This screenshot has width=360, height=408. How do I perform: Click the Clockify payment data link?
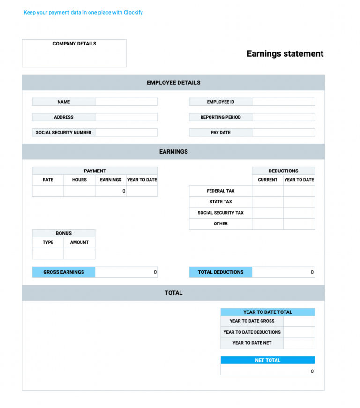coord(83,13)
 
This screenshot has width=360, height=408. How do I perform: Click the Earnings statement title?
coord(285,54)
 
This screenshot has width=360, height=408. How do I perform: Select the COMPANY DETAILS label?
coord(74,44)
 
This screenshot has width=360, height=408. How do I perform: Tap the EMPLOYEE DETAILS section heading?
coord(173,83)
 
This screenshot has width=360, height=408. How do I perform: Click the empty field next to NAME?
coord(126,102)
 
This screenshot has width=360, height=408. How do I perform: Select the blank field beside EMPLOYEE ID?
coord(283,102)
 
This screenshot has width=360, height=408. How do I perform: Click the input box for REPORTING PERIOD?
coord(283,117)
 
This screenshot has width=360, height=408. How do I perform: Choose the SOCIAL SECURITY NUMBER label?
coord(64,133)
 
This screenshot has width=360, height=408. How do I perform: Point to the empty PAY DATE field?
coord(283,133)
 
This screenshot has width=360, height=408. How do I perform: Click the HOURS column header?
coord(79,180)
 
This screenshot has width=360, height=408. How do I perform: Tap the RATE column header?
coord(48,180)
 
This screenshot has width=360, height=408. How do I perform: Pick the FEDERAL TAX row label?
coord(220,191)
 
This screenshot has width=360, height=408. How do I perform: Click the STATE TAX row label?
coord(220,202)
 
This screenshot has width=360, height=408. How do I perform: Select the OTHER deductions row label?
coord(220,224)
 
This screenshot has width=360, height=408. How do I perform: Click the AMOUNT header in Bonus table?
coord(79,242)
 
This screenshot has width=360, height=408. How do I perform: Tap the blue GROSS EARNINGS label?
coord(64,272)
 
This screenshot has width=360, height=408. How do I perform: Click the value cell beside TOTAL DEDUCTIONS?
coord(283,272)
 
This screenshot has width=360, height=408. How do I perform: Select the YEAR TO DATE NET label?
coord(252,343)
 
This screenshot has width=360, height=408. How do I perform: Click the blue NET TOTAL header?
coord(268,360)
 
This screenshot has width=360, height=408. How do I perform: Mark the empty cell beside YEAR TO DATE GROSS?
coord(299,321)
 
